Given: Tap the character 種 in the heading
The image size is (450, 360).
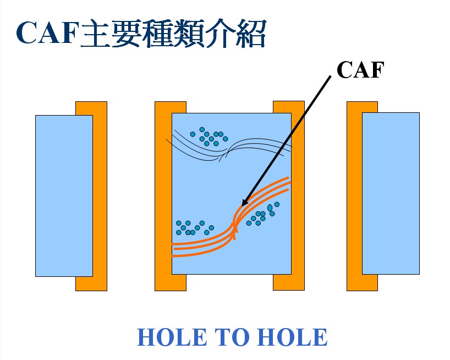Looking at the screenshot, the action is coord(159,33).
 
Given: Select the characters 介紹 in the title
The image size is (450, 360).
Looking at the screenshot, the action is coord(237,33).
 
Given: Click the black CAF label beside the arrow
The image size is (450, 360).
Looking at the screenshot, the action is coord(360,70).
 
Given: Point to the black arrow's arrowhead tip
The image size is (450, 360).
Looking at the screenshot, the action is coord(242,206).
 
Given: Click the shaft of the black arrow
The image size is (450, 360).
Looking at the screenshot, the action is coord(287,141).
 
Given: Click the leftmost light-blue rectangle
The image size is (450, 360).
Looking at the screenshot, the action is coord(64,196).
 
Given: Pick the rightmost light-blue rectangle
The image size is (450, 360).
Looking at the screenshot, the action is coord(391,193).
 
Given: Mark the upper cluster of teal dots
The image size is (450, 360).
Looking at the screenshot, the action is coord(209,137).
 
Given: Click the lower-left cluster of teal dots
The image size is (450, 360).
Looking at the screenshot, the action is coord(195,228).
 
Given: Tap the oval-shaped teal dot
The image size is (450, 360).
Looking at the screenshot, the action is coord(270,208).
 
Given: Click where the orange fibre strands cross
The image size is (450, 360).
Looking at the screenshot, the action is coord(234,228).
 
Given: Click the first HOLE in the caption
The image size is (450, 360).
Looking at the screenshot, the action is coord(172,337).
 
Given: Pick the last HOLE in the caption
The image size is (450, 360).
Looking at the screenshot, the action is coord(292,337).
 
